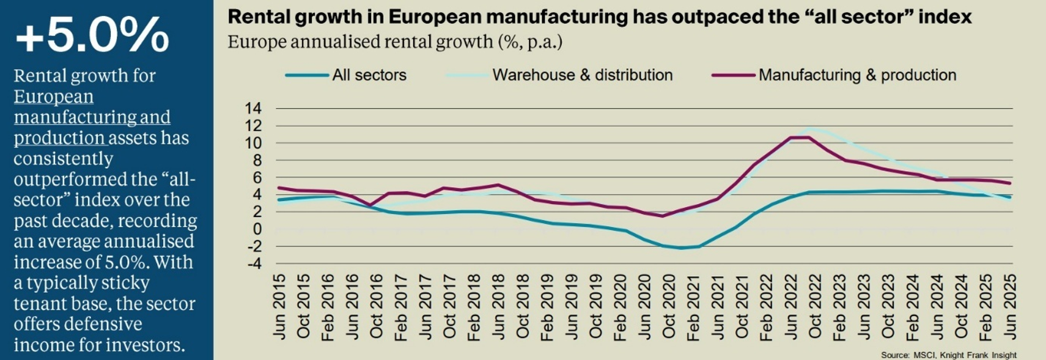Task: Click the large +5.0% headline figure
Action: pos(92,35)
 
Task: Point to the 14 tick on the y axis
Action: pos(253,109)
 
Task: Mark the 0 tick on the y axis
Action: pos(257,229)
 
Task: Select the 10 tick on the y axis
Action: pos(253,143)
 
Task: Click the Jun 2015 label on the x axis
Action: pos(279,306)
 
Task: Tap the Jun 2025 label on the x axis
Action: pos(1010,306)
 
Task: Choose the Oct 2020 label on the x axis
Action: pos(669,306)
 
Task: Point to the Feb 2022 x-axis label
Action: pos(766,306)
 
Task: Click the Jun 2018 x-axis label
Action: pos(498,306)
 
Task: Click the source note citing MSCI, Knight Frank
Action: pos(948,355)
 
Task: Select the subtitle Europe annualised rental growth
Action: pos(395,42)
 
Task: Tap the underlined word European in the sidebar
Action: pos(54,97)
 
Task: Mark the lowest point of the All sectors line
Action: pos(681,248)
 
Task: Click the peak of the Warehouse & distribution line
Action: pos(810,129)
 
